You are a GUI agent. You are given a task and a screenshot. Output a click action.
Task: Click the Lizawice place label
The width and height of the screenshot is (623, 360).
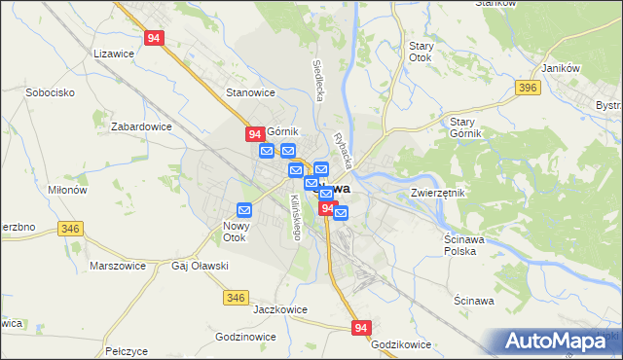coord(112,55)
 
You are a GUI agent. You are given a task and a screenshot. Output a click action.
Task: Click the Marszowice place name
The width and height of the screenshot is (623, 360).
coord(117,266)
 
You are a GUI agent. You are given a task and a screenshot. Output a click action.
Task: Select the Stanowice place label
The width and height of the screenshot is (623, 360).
coord(251,93)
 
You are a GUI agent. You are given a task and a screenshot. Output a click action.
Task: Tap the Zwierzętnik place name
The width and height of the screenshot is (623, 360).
coord(438,194)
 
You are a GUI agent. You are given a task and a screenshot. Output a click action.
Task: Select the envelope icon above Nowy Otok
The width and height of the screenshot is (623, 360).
coord(244,209)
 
